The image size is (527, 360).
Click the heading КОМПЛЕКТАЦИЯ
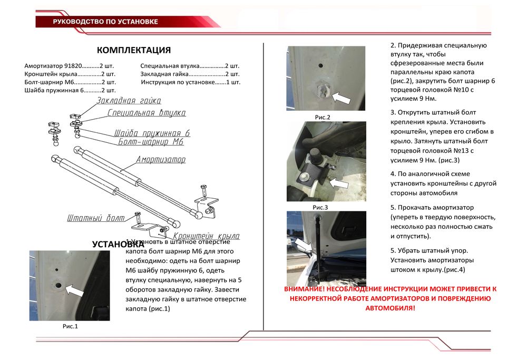[134, 51]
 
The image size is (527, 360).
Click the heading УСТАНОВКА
[118, 244]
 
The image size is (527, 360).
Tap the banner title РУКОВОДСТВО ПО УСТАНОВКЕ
[105, 22]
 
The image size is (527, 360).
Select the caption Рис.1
[70, 326]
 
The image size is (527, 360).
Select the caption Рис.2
[322, 117]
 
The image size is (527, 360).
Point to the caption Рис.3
[320, 207]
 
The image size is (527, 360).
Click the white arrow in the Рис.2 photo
[341, 96]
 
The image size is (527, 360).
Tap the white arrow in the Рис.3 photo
[337, 183]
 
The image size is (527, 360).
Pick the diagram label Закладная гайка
[129, 100]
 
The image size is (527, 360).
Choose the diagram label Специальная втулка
[147, 113]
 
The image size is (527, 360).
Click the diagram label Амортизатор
[161, 159]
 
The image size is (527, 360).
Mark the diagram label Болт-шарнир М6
[151, 142]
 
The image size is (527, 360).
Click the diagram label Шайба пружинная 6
[152, 133]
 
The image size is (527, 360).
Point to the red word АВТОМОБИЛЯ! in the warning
[390, 307]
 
